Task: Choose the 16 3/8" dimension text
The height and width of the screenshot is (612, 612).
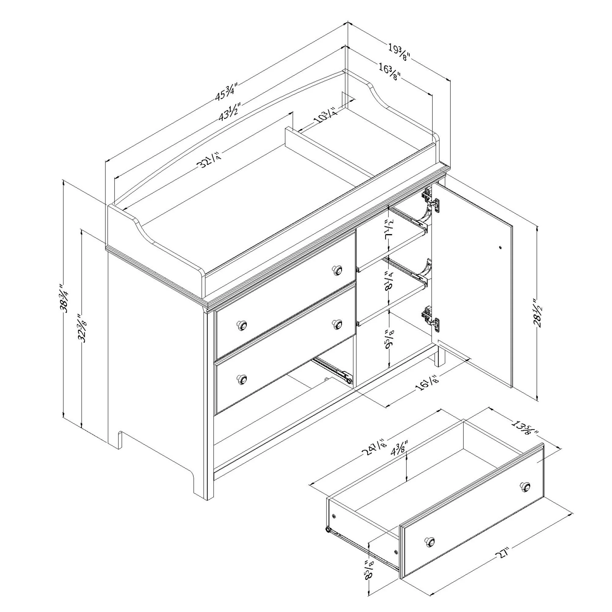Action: (x=390, y=72)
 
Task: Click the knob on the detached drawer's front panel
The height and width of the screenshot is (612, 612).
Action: (x=430, y=541)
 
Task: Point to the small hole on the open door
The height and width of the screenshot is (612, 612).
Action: (x=500, y=247)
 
